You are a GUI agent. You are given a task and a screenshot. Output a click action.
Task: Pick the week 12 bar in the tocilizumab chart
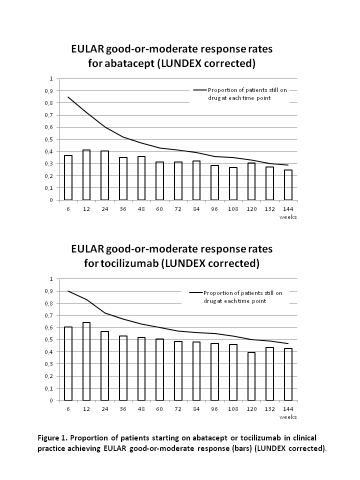[86, 361]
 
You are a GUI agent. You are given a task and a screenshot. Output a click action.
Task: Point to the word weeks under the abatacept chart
[287, 216]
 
